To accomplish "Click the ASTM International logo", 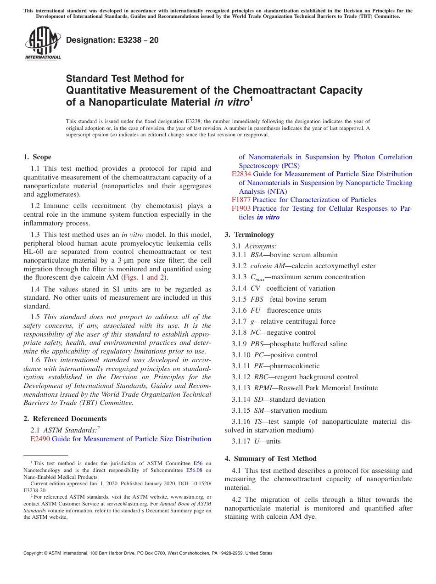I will pos(43,44).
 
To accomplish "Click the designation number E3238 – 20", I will pos(112,40).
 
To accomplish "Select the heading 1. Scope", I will pos(38,157).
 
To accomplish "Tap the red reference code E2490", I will pos(40,439).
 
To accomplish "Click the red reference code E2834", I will pos(241,174).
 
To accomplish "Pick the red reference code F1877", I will pos(241,200).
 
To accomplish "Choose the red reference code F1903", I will pos(241,208).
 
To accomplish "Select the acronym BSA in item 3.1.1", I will pos(257,255).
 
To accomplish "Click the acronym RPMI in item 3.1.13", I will pos(263,388).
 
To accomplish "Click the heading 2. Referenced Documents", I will pos(65,419).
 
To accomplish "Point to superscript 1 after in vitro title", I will pos(251,99).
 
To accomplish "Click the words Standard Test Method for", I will pos(125,79).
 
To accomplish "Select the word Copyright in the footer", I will pos(34,553).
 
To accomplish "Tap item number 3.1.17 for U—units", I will pos(242,441).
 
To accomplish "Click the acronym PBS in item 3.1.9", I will pos(257,344).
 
